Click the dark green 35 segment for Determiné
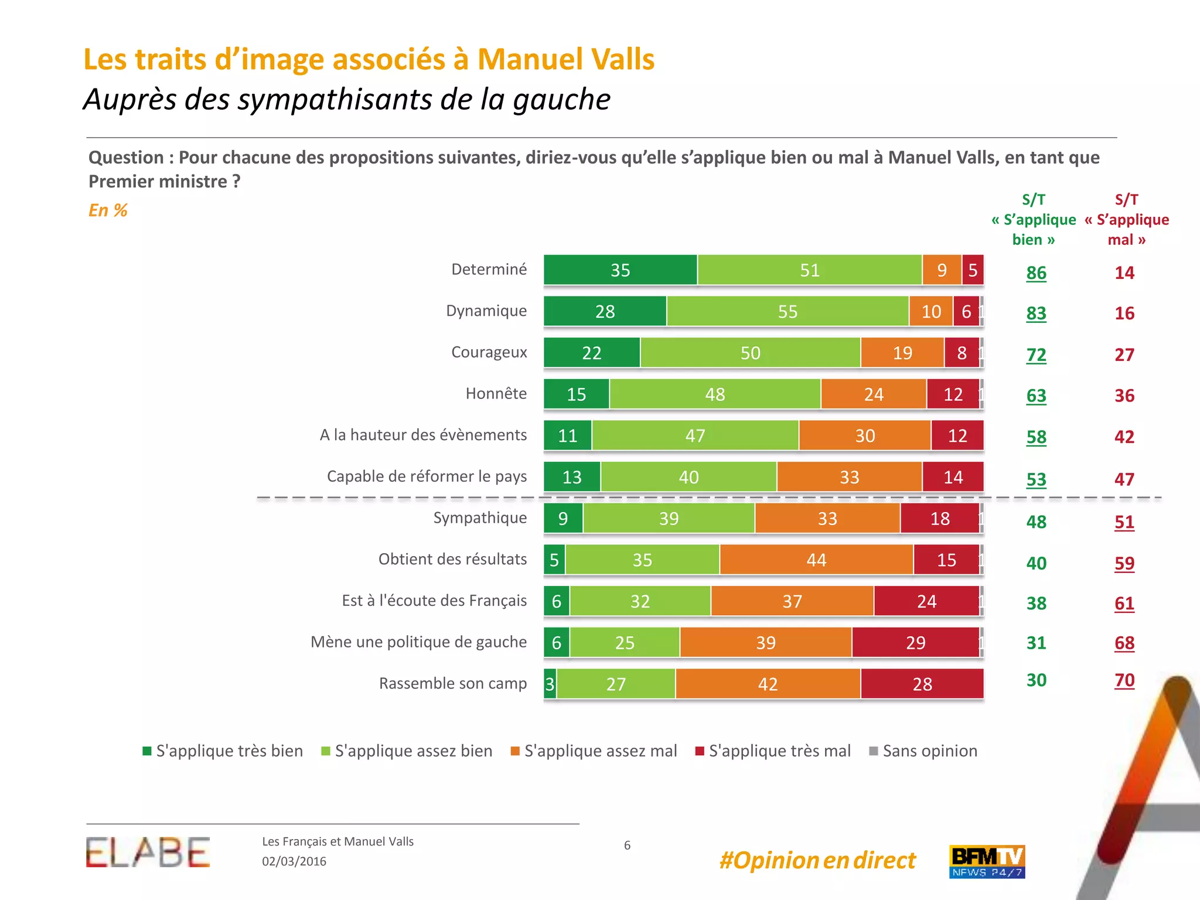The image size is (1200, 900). (621, 270)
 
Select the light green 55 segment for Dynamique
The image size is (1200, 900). (787, 311)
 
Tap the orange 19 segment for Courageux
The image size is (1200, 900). (902, 353)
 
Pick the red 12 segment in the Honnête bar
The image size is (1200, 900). (953, 394)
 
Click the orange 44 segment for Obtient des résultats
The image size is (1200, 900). (816, 560)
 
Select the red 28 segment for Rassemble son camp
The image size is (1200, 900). (922, 684)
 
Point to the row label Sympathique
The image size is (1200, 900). (480, 518)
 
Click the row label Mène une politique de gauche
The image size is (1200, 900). (419, 642)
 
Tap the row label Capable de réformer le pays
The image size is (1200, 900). (427, 476)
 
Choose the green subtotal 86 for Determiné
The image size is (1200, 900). (1036, 273)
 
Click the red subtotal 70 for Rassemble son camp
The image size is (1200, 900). (1124, 680)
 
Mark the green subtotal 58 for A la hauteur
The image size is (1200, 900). (1036, 437)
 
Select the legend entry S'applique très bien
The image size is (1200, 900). (223, 751)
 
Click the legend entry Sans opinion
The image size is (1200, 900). (923, 751)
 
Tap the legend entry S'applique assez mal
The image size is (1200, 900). (594, 751)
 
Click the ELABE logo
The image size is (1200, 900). (148, 853)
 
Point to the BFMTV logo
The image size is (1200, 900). (987, 861)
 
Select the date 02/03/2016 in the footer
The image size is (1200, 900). (294, 861)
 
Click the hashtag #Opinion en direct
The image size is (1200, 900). (817, 860)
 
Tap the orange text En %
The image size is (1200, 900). (108, 210)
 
